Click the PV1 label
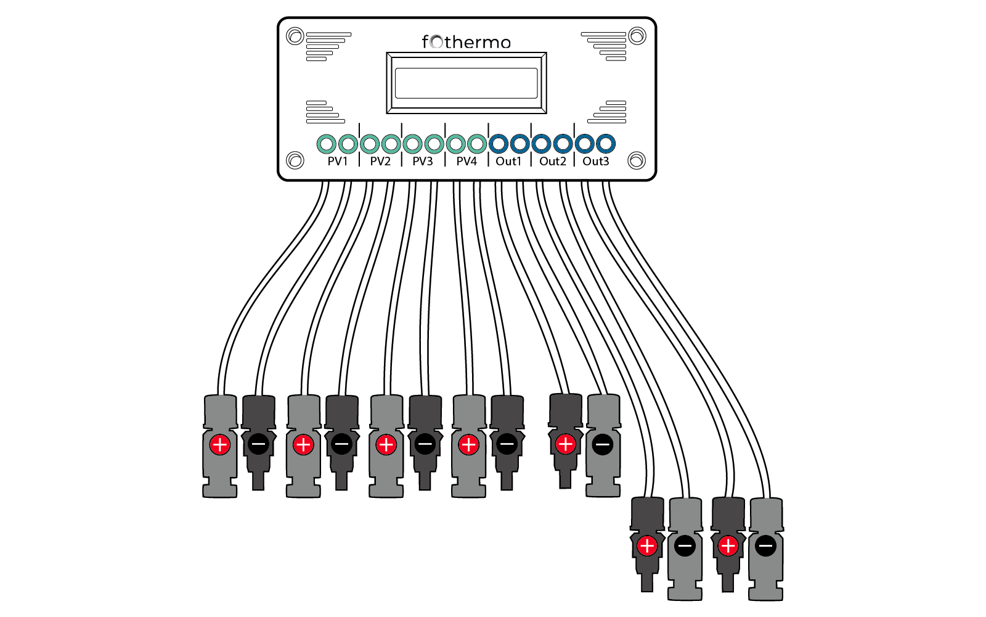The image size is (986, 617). [337, 161]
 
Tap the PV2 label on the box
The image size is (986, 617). [380, 161]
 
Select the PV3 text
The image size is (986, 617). [423, 161]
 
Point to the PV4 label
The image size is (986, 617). [467, 161]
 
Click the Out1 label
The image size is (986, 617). [508, 161]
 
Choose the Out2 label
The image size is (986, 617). [552, 161]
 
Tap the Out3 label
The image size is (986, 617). [595, 161]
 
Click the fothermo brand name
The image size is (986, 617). [467, 42]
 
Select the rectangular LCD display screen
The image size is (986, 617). [467, 83]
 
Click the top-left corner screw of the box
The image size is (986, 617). [295, 36]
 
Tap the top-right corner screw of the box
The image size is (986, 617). [637, 36]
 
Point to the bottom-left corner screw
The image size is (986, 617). [295, 160]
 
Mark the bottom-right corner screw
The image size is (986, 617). [637, 161]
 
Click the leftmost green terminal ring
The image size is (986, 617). [326, 144]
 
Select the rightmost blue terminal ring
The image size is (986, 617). [606, 144]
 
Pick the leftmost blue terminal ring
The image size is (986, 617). [498, 144]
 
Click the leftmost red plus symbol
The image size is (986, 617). [220, 445]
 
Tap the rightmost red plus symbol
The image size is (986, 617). [728, 546]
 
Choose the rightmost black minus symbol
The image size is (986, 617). [765, 546]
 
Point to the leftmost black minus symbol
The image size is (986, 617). [258, 444]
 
